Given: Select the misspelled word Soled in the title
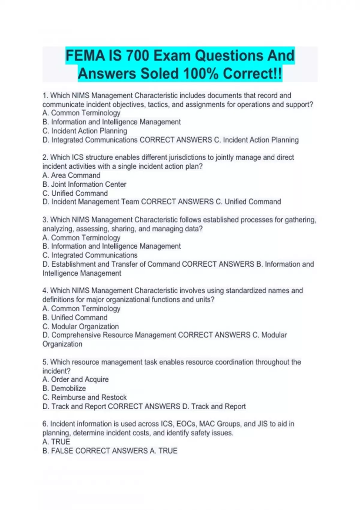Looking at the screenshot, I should click(x=160, y=74).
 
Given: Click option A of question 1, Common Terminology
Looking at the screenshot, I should click(x=81, y=113).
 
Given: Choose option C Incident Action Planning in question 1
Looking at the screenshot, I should click(x=85, y=131).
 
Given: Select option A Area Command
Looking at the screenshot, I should click(x=71, y=175).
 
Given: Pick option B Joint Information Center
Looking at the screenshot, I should click(x=84, y=184).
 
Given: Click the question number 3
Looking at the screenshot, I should click(x=45, y=220).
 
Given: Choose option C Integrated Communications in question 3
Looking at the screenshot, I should click(x=90, y=255).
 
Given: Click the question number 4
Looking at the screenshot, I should click(x=45, y=291).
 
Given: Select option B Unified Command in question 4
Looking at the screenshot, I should click(x=75, y=318).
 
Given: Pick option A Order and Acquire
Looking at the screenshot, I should click(x=76, y=379).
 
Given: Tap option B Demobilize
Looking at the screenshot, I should click(x=64, y=388).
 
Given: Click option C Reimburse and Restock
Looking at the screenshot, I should click(x=85, y=397).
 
